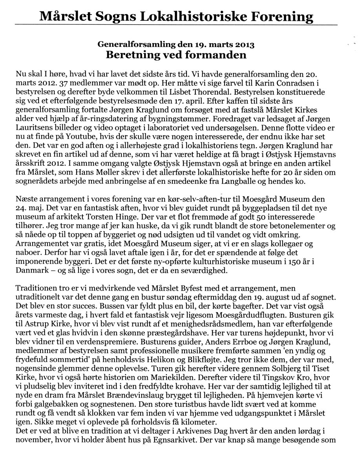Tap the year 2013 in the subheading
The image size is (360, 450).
[244, 44]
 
